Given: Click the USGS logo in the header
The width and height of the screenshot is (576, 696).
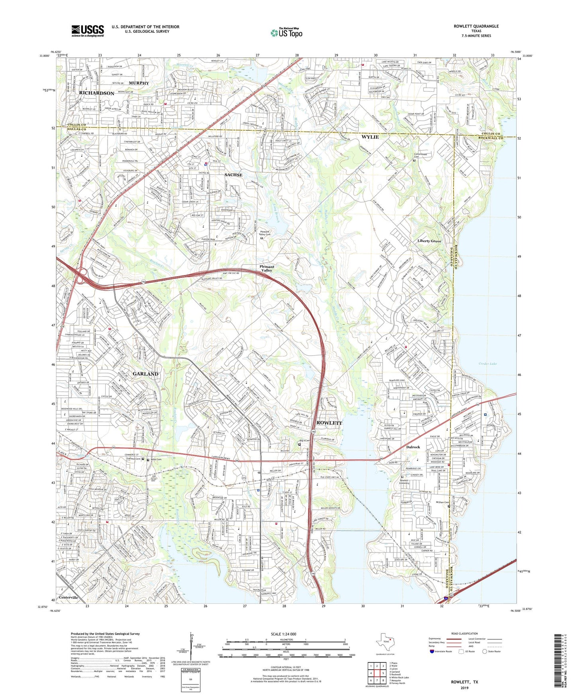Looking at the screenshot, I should [88, 31].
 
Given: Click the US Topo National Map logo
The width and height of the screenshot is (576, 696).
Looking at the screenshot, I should [286, 33].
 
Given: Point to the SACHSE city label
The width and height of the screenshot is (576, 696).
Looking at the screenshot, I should [233, 175].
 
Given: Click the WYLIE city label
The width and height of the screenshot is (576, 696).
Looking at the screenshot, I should [370, 137].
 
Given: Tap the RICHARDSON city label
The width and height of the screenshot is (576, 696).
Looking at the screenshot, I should [96, 93].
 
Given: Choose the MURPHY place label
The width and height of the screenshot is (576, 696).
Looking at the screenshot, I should [139, 83].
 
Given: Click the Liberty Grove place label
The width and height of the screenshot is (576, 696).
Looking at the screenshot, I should [429, 241].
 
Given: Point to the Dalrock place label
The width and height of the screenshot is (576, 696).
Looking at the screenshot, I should [413, 447].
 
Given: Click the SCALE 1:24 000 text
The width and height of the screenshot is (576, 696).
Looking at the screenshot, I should [283, 634].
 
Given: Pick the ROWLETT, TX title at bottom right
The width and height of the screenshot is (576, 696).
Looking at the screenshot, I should [464, 682].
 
